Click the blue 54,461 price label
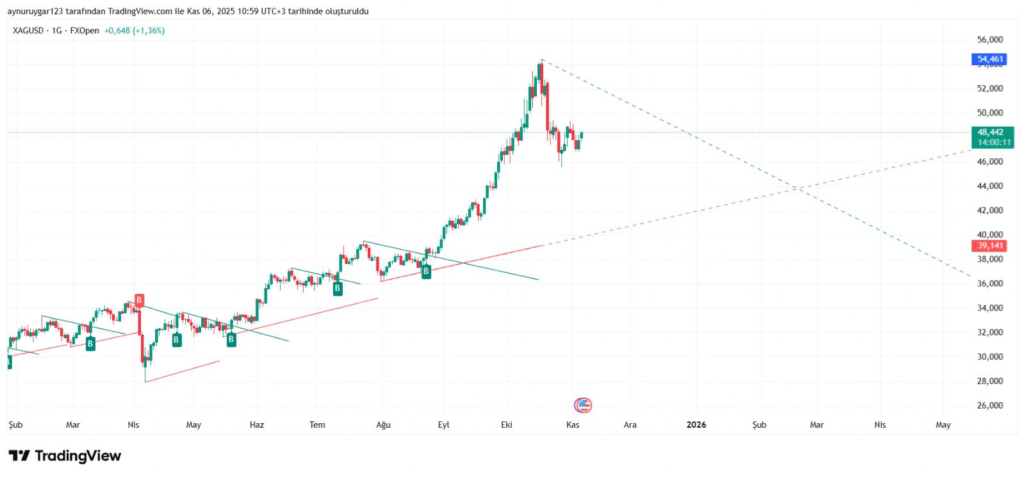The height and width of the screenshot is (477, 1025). (x=989, y=59)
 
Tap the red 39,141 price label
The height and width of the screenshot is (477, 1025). (x=989, y=246)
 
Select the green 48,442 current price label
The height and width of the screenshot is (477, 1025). (x=990, y=133)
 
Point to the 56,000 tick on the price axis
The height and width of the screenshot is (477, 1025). (x=990, y=40)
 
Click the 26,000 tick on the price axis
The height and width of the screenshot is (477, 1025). (x=990, y=405)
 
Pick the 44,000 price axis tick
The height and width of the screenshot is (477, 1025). (x=990, y=186)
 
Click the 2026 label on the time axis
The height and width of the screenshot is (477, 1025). (x=696, y=424)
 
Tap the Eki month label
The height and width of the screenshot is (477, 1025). (x=507, y=424)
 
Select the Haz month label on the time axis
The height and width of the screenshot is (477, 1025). (x=256, y=424)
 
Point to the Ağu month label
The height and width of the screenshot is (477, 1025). (x=383, y=424)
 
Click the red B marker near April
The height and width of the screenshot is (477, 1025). (x=139, y=300)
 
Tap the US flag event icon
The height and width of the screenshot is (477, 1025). (x=583, y=405)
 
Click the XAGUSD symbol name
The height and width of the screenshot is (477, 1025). (x=28, y=31)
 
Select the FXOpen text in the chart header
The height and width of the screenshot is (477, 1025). (x=85, y=31)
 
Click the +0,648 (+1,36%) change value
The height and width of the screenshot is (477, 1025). (x=135, y=31)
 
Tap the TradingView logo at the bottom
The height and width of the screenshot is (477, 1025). (x=65, y=456)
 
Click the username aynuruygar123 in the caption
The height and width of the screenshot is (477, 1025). (x=35, y=12)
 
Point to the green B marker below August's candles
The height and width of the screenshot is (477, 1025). (x=426, y=271)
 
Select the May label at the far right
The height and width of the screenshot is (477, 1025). (x=943, y=424)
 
